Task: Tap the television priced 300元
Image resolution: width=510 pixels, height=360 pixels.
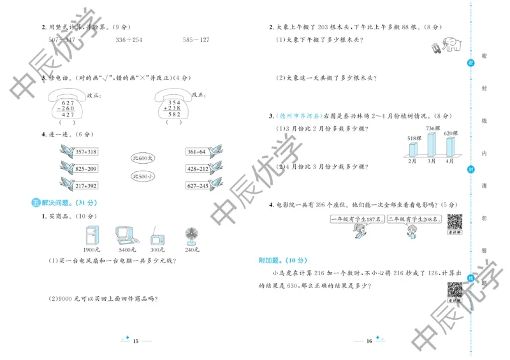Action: [x=157, y=238]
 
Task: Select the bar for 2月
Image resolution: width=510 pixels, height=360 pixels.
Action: [x=413, y=150]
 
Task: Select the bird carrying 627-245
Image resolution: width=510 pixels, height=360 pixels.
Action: [x=203, y=185]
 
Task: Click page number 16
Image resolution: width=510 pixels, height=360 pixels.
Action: [x=368, y=342]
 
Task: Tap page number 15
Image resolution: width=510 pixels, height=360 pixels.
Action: [x=136, y=342]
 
